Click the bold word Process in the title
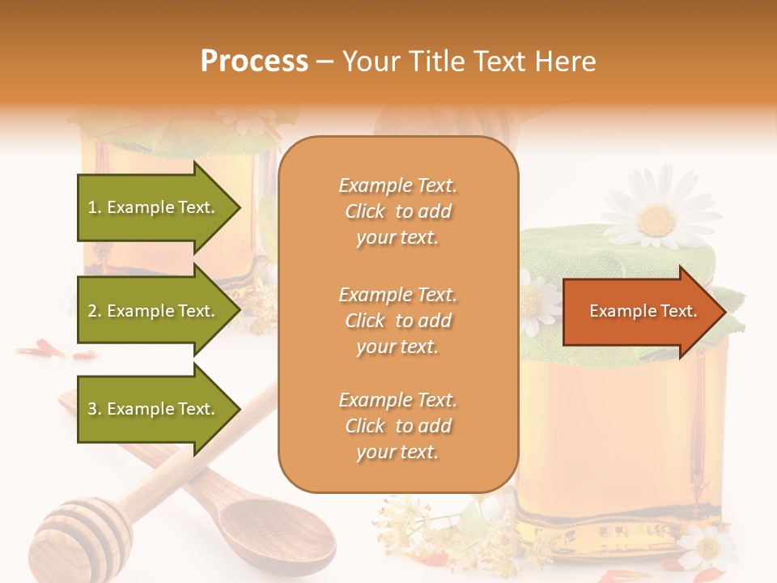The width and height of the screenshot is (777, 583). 254,62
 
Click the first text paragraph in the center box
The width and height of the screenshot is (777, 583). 397,211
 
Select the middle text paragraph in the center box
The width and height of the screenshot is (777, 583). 397,321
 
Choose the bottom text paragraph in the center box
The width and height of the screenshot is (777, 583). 397,426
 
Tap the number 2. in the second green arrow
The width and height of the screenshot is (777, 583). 95,311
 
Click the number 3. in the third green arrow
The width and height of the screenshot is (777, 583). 95,409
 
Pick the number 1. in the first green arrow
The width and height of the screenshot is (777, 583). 95,207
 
